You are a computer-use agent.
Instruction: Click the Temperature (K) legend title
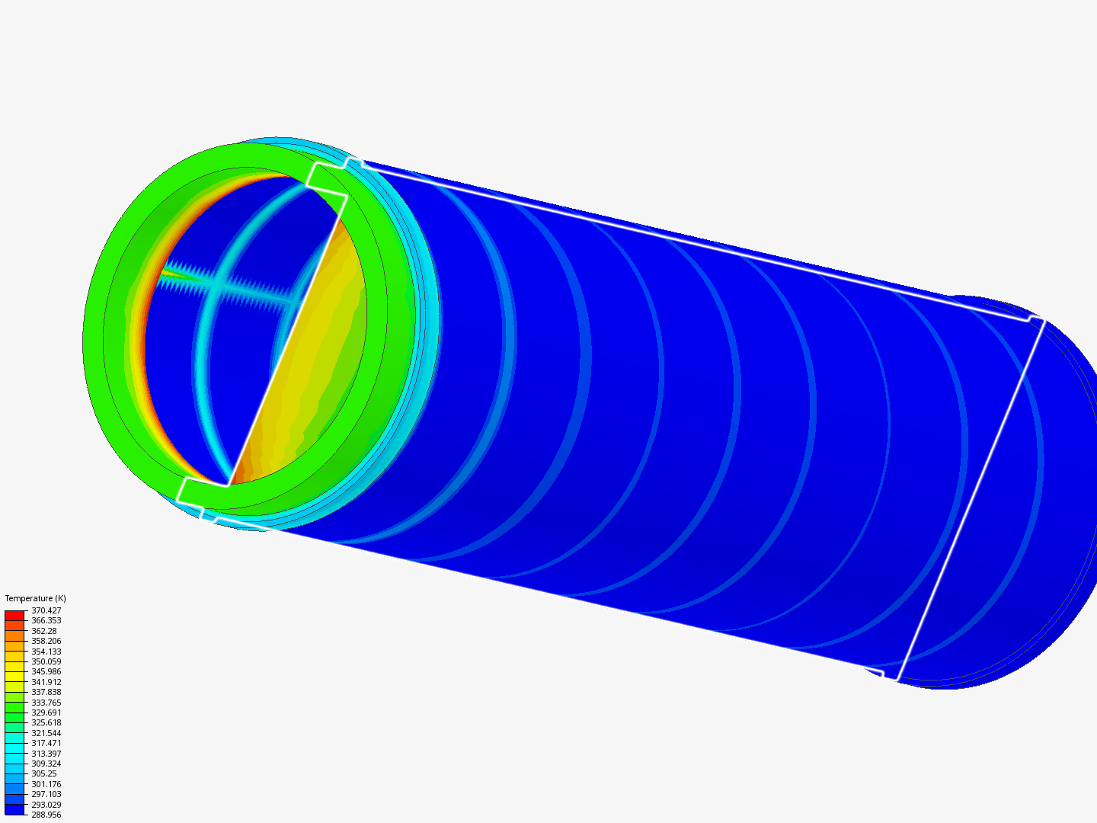click(x=35, y=598)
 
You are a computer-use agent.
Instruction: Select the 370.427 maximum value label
click(x=46, y=610)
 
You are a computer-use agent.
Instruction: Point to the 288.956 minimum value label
click(x=46, y=815)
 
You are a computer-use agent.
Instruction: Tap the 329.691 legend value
click(x=46, y=713)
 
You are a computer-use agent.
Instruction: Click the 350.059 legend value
click(x=46, y=661)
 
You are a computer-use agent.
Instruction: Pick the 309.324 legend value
click(x=46, y=764)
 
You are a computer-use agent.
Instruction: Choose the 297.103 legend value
click(x=46, y=794)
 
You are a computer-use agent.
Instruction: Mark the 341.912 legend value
click(x=46, y=682)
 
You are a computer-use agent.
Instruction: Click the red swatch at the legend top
click(x=14, y=615)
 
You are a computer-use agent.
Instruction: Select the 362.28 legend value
click(x=43, y=631)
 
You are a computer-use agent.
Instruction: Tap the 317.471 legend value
click(x=46, y=743)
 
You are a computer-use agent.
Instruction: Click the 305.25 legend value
click(x=43, y=773)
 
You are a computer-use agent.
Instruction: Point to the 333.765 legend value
click(x=46, y=703)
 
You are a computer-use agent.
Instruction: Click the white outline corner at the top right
click(x=1037, y=319)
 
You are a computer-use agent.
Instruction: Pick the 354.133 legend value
click(x=46, y=652)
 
